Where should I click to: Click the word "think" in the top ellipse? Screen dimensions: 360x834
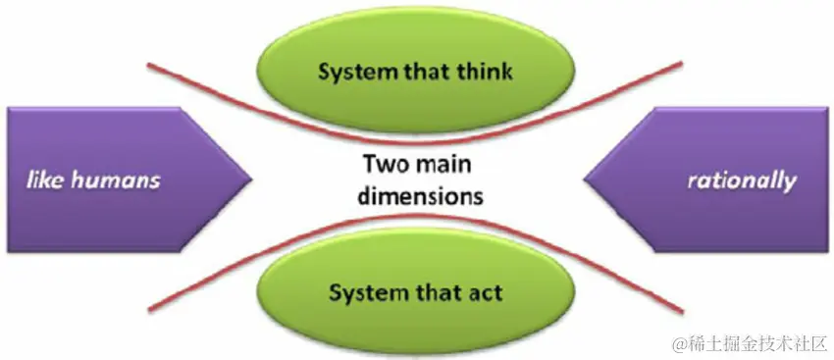[485, 71]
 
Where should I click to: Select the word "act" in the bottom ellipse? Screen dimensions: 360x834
[485, 292]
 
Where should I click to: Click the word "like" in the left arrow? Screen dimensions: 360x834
[45, 180]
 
